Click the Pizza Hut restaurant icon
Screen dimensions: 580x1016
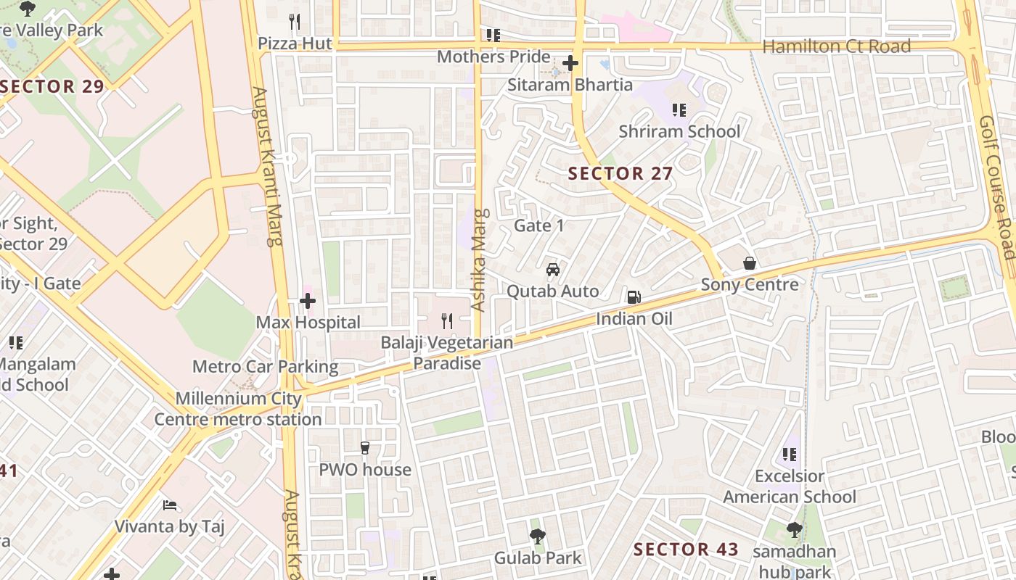click(294, 22)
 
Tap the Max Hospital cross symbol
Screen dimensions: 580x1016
click(308, 300)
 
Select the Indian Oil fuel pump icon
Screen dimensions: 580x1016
click(634, 297)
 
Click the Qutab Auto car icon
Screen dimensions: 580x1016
click(553, 270)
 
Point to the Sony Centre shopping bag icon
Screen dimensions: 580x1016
click(750, 263)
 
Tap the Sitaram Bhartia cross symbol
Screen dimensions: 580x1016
click(570, 63)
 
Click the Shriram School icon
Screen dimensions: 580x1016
click(679, 110)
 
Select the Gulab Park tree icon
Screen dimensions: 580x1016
click(537, 536)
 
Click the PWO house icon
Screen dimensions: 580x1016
click(365, 448)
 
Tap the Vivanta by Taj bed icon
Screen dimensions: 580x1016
click(170, 505)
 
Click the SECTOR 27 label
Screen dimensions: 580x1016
click(620, 174)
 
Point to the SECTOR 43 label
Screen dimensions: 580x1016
click(686, 550)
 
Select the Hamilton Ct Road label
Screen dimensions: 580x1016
click(836, 46)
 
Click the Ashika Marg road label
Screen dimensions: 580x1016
click(479, 260)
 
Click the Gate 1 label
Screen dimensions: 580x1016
click(538, 225)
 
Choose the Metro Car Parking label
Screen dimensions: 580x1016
click(265, 367)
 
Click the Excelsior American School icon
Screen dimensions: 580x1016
click(790, 455)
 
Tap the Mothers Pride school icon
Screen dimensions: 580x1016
click(493, 35)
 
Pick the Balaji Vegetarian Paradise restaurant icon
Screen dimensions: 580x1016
click(447, 320)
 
